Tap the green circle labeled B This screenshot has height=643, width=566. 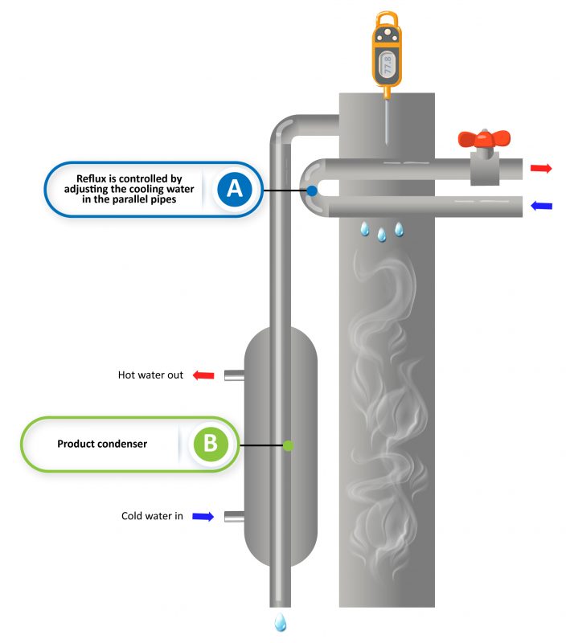click(x=210, y=444)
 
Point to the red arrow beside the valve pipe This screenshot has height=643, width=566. click(x=542, y=168)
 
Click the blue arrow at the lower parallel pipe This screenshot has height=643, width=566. click(x=542, y=207)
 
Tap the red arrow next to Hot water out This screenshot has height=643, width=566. click(x=203, y=375)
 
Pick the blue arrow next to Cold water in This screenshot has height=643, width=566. click(x=203, y=517)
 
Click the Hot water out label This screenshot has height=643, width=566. click(x=151, y=375)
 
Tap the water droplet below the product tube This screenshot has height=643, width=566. click(x=281, y=622)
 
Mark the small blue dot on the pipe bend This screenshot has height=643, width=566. click(x=311, y=191)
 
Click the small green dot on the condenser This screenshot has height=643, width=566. click(x=288, y=444)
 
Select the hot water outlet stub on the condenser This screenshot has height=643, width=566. click(x=233, y=375)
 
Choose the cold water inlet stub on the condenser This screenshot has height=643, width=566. click(x=233, y=517)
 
